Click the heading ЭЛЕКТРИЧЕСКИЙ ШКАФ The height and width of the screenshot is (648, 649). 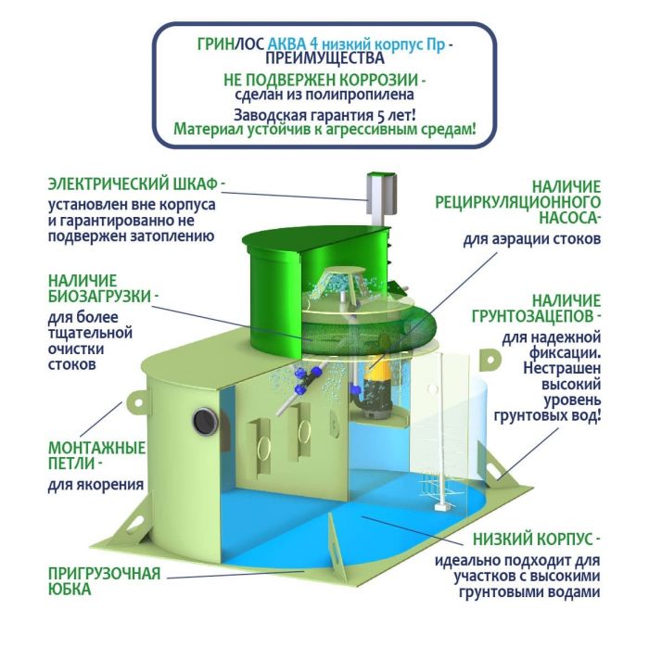133,184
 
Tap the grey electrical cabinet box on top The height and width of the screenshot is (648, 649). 381,194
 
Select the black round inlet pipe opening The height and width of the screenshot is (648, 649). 205,421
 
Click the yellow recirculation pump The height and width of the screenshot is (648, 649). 375,383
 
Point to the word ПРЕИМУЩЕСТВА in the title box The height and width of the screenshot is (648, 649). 324,57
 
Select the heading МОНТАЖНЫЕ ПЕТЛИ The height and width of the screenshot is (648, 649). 96,455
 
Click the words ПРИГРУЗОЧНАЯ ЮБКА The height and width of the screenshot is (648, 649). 104,581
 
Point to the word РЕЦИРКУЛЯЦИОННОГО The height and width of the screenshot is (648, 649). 517,202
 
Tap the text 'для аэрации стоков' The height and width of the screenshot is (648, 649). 531,239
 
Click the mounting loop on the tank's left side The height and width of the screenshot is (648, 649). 136,401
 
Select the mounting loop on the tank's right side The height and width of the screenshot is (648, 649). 490,359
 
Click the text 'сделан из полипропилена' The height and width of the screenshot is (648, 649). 324,95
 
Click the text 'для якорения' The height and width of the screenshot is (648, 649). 96,484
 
